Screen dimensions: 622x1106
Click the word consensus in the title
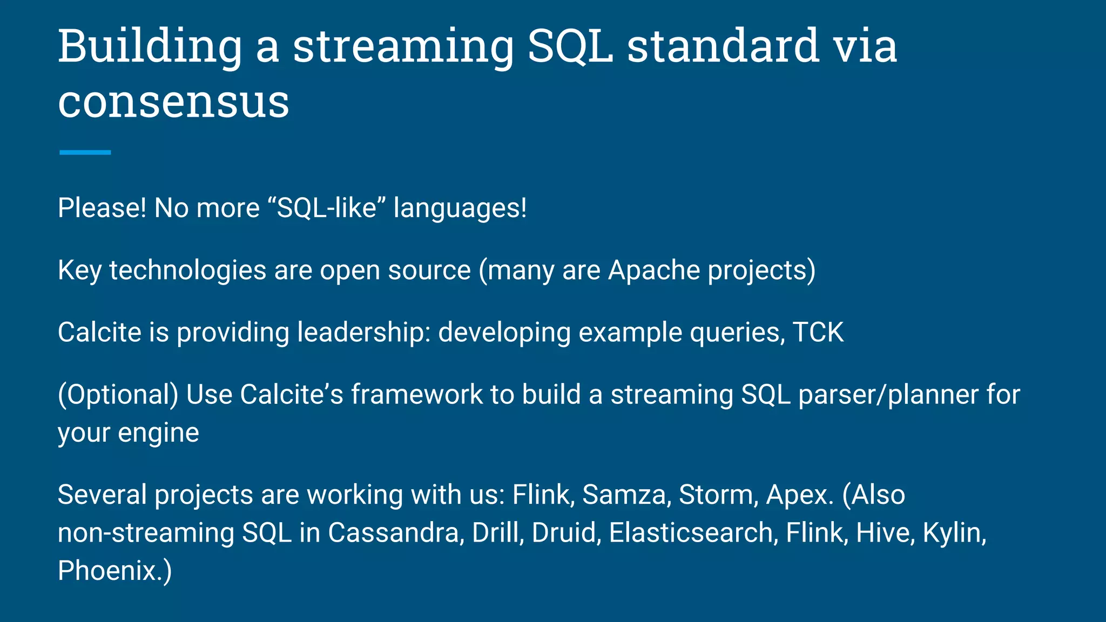click(173, 103)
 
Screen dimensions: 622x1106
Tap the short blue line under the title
click(85, 153)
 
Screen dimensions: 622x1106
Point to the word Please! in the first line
click(102, 208)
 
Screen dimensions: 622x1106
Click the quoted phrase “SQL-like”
click(326, 208)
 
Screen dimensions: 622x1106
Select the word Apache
click(654, 270)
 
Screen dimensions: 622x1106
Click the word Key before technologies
click(79, 271)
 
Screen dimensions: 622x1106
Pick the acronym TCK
click(818, 332)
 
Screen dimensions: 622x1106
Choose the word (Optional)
click(118, 395)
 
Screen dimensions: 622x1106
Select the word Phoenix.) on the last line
click(114, 571)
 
